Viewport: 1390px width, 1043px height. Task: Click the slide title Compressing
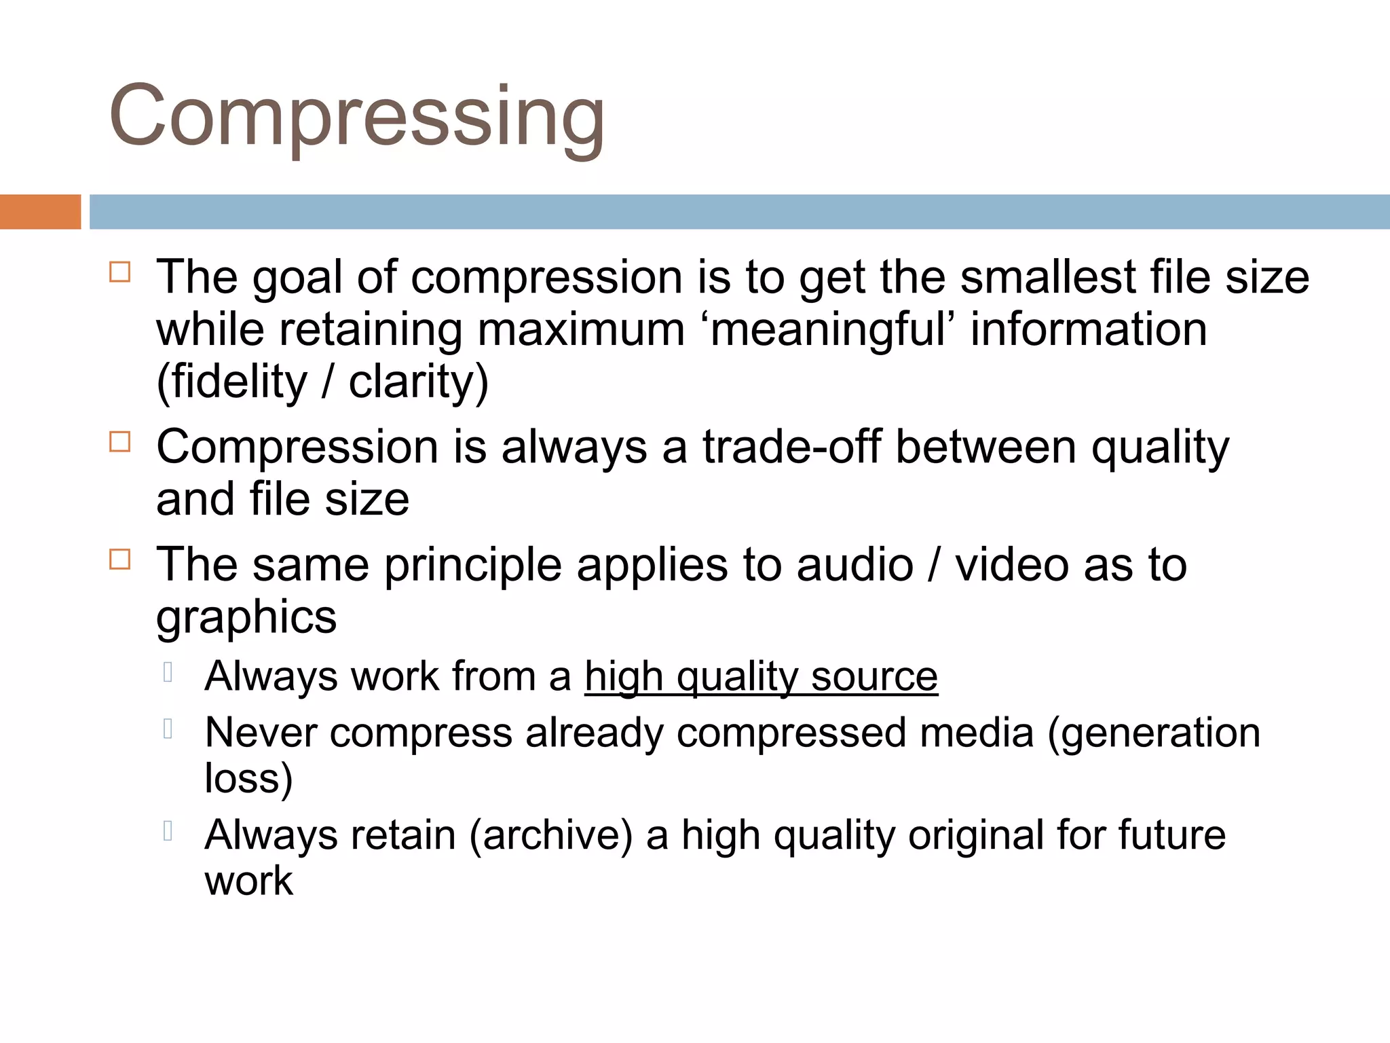point(356,115)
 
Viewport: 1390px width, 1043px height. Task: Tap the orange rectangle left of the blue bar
point(40,212)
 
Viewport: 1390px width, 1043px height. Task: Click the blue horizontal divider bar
point(739,212)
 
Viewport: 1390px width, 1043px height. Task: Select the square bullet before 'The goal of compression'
point(119,272)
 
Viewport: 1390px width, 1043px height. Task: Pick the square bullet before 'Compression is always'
point(119,442)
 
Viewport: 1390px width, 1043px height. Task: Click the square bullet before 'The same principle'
point(119,560)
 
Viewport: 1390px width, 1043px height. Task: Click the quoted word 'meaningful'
point(828,330)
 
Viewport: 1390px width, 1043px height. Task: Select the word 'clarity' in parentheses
point(418,382)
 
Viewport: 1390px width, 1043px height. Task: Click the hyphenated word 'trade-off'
point(791,447)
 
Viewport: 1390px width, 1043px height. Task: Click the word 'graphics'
point(246,617)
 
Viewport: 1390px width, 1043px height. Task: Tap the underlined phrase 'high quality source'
point(761,677)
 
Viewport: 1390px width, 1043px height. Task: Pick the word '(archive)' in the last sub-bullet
point(550,835)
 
